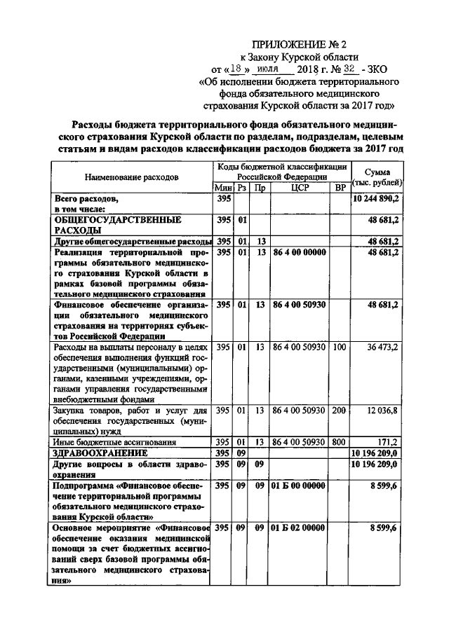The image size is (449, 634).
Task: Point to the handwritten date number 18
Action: point(240,69)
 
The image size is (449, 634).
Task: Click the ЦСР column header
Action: point(300,188)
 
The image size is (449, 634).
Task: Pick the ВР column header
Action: point(340,188)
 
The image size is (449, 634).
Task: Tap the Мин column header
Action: point(223,188)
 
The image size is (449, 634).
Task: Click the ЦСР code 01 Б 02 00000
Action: point(300,528)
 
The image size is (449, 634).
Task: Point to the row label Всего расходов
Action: point(83,199)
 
